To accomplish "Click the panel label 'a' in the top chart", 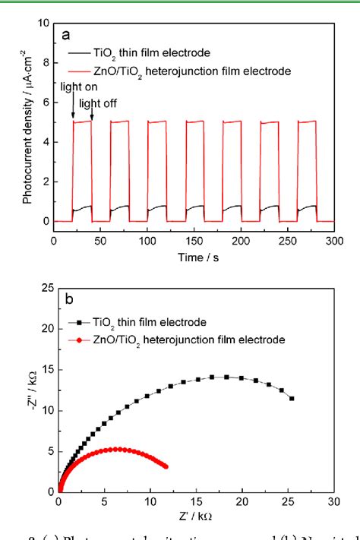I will (x=67, y=35).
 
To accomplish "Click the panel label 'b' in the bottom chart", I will (x=68, y=300).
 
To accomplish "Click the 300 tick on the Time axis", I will (x=333, y=240).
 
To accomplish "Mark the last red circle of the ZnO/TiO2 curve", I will (x=166, y=466).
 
